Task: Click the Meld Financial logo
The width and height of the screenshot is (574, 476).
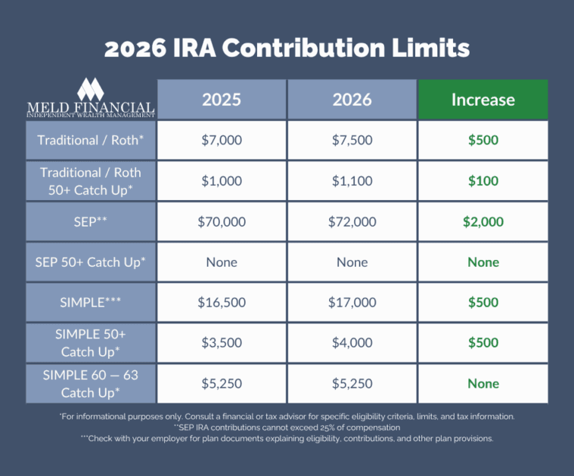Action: tap(91, 98)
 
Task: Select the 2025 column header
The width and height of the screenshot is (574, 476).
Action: tap(222, 100)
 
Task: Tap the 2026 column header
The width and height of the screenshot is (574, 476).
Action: tap(352, 100)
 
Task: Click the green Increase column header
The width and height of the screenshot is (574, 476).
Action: tap(482, 100)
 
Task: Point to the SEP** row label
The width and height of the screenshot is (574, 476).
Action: tap(91, 221)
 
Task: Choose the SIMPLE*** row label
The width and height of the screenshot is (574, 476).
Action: tap(91, 302)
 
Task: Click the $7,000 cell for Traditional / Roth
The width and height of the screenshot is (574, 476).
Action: tap(222, 141)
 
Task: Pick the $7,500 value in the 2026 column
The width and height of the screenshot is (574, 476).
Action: tap(352, 141)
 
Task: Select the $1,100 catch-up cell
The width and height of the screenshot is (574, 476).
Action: tap(352, 181)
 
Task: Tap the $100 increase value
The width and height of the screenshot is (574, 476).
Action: tap(482, 181)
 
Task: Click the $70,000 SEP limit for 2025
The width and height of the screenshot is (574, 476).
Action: tap(222, 221)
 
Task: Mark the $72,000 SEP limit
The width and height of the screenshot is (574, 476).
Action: tap(352, 221)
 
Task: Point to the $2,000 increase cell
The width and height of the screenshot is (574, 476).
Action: tap(482, 221)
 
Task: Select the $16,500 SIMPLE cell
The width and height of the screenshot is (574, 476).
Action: tap(222, 302)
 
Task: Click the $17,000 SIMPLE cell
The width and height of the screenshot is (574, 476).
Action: tap(352, 302)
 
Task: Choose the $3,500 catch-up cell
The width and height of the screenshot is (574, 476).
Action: tap(222, 342)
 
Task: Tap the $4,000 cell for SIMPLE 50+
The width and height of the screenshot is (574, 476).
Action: tap(352, 342)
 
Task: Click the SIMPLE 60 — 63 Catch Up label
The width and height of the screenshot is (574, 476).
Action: tap(91, 383)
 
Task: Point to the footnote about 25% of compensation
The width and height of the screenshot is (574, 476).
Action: tap(287, 427)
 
